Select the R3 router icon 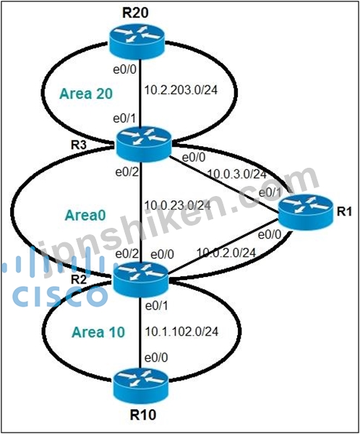143,143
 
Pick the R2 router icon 141,279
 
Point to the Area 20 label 86,93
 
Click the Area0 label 85,215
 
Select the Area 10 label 98,332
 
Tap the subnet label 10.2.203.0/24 181,90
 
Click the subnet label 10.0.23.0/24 177,205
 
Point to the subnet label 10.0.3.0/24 237,174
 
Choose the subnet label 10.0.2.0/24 226,252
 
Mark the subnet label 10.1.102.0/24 181,331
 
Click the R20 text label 136,13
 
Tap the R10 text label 143,414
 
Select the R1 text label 345,212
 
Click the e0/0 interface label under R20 124,69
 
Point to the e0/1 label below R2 157,306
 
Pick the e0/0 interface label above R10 156,358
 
